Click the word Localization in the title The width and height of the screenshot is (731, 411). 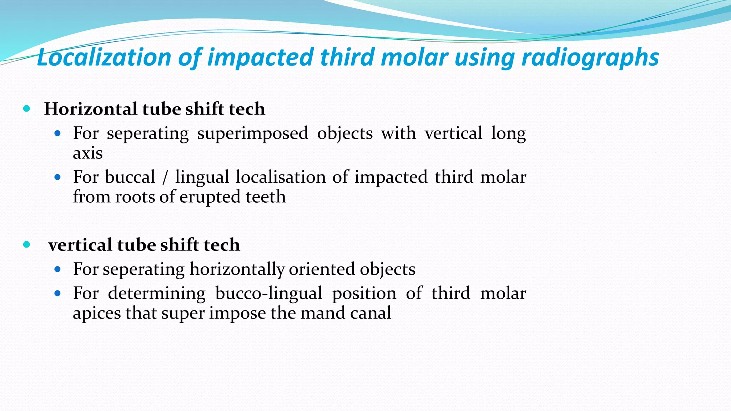pos(104,58)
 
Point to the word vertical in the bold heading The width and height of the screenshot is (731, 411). pos(80,245)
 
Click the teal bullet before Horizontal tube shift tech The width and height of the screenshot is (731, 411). pos(26,108)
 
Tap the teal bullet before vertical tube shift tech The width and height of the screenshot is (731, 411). pos(26,244)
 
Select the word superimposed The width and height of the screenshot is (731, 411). pos(252,134)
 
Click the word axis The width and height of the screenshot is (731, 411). pos(87,153)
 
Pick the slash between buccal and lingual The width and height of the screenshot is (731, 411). pos(165,178)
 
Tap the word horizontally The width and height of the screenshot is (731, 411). pos(237,269)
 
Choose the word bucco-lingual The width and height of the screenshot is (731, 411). pos(269,294)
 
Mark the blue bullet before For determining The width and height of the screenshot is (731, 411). pos(58,294)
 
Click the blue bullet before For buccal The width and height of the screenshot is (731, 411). pos(58,177)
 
